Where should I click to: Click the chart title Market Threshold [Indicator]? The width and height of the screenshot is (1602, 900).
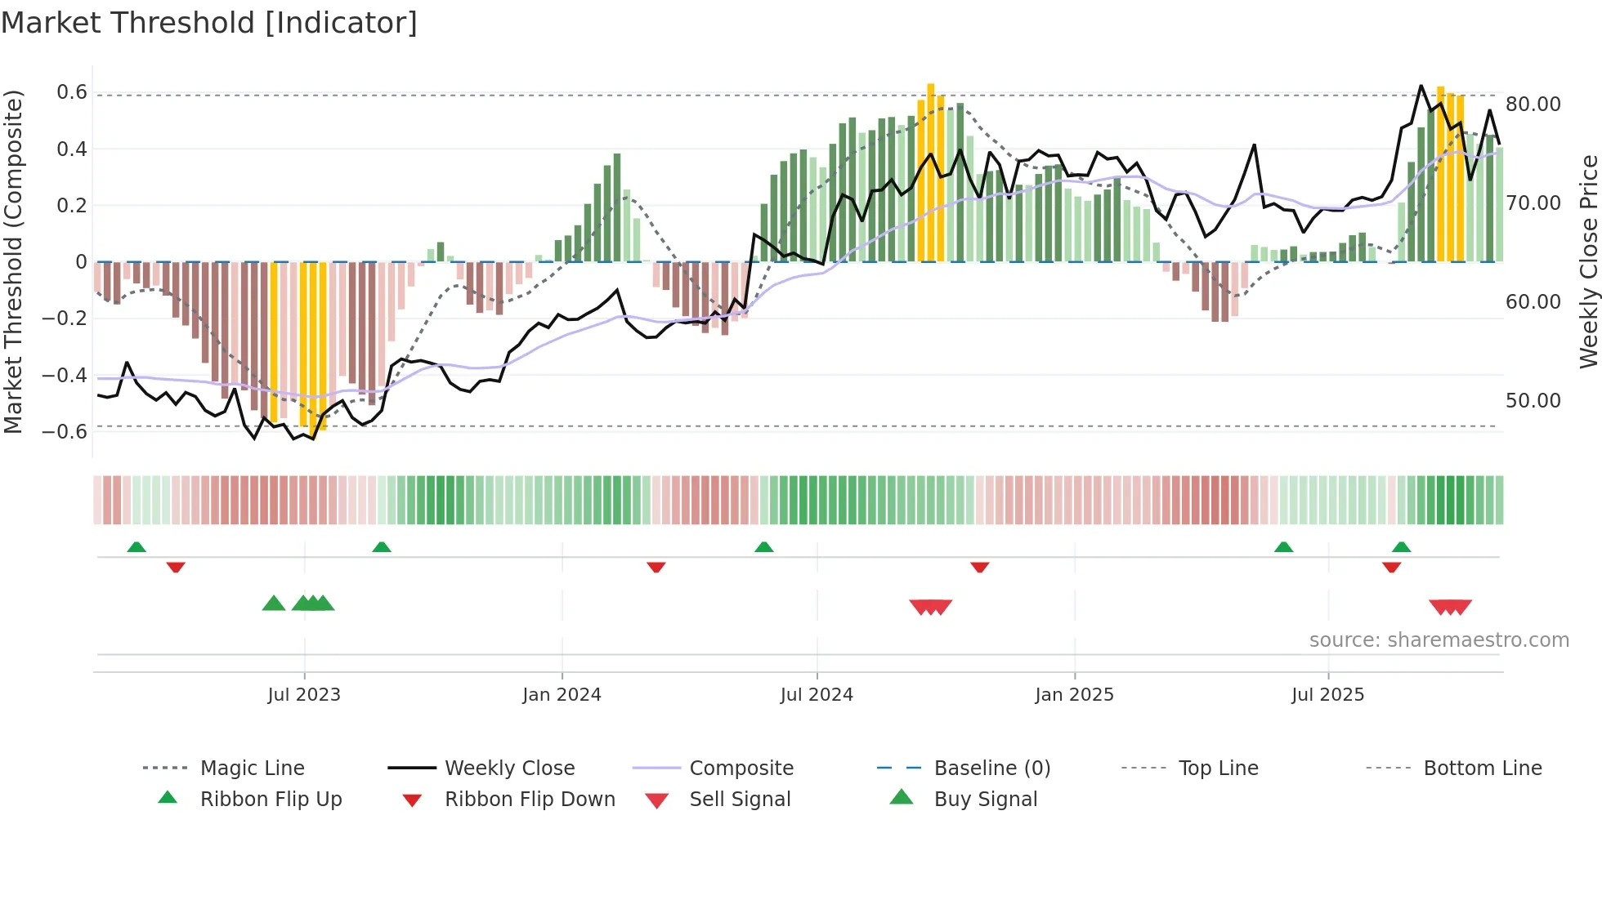tap(209, 23)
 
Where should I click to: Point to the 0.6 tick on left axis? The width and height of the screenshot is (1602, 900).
tap(72, 92)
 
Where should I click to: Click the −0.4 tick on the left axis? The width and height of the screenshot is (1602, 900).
tap(65, 376)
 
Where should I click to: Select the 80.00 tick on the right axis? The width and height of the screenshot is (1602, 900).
tap(1533, 105)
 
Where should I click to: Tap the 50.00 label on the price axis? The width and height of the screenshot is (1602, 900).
tap(1533, 401)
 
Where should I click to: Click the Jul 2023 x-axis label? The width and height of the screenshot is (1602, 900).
tap(304, 695)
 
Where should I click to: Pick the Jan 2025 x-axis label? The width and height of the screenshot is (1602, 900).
tap(1074, 695)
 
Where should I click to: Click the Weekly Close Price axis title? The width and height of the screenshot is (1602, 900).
tap(1588, 261)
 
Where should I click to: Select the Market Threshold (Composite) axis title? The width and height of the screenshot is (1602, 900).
tap(13, 261)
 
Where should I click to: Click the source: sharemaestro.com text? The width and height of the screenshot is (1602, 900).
tap(1439, 640)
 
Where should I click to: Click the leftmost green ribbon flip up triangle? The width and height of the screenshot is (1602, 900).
tap(136, 547)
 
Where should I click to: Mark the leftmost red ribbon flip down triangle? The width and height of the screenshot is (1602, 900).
tap(176, 568)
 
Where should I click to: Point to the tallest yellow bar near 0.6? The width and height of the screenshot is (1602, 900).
tap(931, 172)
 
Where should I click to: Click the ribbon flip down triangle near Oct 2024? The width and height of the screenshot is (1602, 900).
tap(980, 568)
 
